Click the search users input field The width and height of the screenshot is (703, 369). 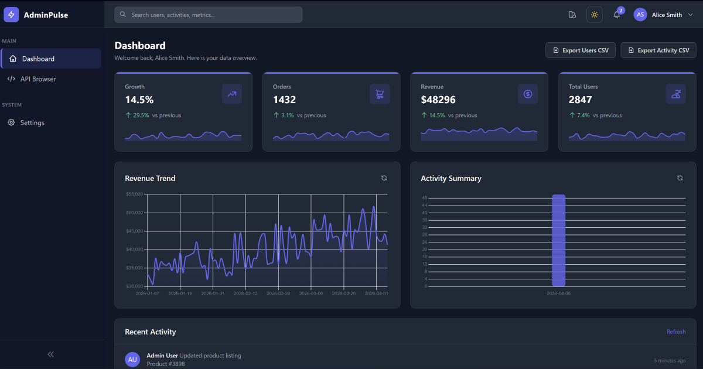click(x=208, y=15)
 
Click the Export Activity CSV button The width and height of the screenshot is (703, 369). click(x=658, y=50)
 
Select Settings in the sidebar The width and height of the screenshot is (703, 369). click(x=32, y=123)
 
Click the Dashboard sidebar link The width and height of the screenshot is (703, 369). click(x=38, y=59)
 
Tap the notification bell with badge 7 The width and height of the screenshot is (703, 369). click(x=616, y=15)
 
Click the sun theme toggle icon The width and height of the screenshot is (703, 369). click(x=594, y=15)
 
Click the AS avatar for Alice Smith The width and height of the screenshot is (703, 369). click(x=640, y=15)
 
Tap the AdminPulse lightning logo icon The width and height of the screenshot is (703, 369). click(x=11, y=15)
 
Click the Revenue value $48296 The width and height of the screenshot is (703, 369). click(x=438, y=100)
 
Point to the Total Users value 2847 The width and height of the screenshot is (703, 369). click(x=581, y=100)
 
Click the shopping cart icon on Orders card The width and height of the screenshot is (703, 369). click(x=380, y=94)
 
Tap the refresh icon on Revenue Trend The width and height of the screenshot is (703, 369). click(x=384, y=178)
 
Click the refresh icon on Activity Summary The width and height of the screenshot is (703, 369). click(x=680, y=178)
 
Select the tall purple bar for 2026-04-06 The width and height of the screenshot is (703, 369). click(x=558, y=240)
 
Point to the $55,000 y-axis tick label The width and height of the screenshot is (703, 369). click(x=134, y=194)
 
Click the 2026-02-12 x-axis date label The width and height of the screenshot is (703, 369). click(x=245, y=293)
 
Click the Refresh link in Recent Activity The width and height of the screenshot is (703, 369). click(x=675, y=332)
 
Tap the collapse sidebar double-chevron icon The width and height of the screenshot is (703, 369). click(x=50, y=354)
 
